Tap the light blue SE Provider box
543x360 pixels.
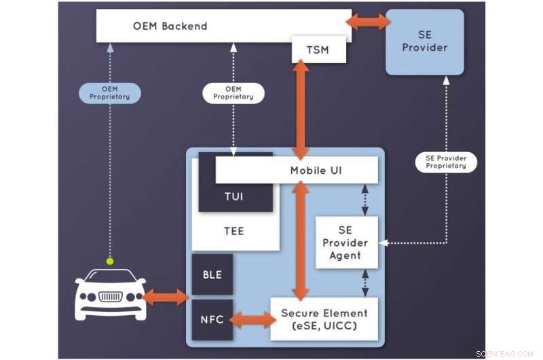pyautogui.click(x=425, y=41)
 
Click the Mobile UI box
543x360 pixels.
pyautogui.click(x=297, y=170)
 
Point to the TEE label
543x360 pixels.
pyautogui.click(x=233, y=231)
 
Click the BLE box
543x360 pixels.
pyautogui.click(x=212, y=275)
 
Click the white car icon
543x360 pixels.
pyautogui.click(x=110, y=293)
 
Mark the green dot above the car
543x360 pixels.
pyautogui.click(x=109, y=260)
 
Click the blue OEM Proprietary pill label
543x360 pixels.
pyautogui.click(x=109, y=92)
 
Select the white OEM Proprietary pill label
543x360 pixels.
pyautogui.click(x=233, y=92)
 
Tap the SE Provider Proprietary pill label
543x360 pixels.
pyautogui.click(x=446, y=162)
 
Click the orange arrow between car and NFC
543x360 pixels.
pyautogui.click(x=166, y=297)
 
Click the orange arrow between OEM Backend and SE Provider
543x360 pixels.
pyautogui.click(x=369, y=22)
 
